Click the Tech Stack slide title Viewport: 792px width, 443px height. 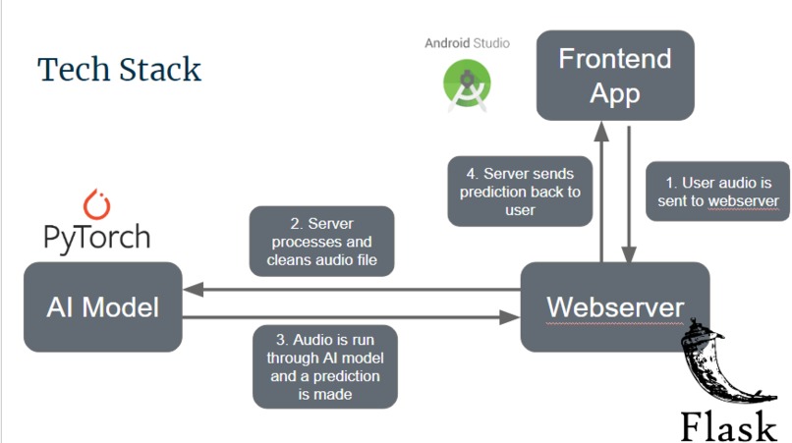tap(119, 70)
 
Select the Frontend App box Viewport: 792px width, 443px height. tap(614, 76)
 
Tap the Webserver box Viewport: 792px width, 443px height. tap(614, 306)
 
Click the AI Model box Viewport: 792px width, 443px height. tap(102, 306)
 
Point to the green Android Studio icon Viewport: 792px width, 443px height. tap(468, 84)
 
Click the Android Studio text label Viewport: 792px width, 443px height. tap(468, 43)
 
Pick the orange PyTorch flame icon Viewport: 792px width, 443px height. tap(96, 203)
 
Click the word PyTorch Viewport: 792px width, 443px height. tap(97, 237)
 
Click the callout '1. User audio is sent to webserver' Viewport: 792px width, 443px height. tap(718, 191)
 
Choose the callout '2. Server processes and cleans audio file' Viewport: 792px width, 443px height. tap(322, 241)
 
